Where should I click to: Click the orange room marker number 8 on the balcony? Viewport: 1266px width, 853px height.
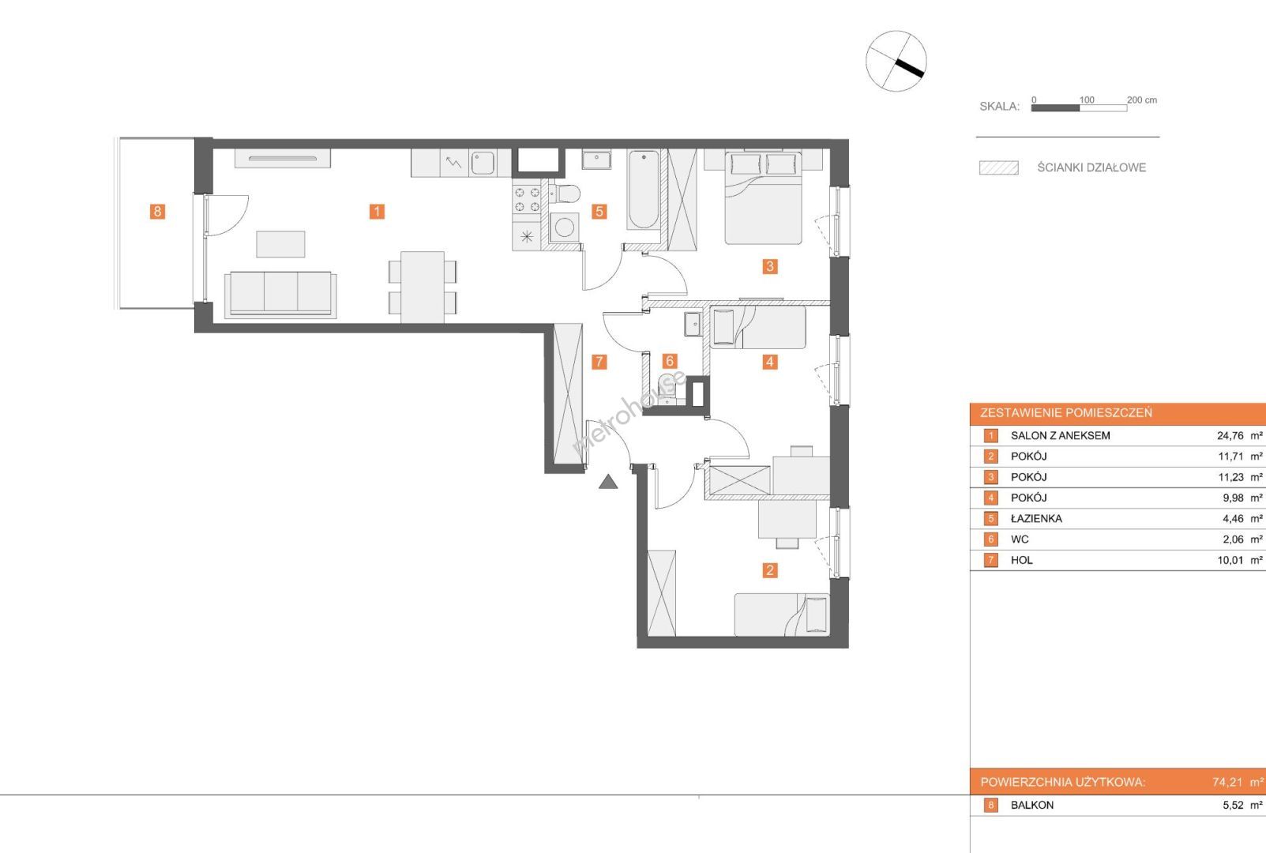coord(157,212)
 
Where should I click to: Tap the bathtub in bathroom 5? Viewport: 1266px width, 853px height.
coord(643,190)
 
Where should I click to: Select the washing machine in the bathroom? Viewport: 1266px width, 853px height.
coord(564,227)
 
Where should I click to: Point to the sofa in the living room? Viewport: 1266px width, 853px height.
coord(280,295)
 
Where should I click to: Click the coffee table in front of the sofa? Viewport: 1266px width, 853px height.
coord(280,244)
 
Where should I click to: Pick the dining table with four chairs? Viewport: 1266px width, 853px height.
coord(423,287)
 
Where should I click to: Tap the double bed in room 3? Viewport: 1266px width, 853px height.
coord(763,197)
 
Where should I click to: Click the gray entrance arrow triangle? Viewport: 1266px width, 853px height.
coord(608,482)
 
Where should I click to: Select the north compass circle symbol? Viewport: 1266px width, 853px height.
coord(896,61)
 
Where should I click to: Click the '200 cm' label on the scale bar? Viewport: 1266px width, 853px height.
coord(1142,100)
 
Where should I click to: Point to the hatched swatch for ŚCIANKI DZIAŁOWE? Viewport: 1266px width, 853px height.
coord(999,167)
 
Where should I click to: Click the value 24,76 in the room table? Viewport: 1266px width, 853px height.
coord(1230,436)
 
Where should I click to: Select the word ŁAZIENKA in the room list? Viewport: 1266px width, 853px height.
coord(1036,519)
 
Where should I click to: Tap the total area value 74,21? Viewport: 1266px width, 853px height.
coord(1227,783)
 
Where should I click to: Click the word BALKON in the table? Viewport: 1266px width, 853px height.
coord(1032,806)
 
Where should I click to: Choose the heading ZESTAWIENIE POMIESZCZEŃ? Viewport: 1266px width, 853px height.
coord(1066,413)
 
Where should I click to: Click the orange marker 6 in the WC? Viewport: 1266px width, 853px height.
coord(669,361)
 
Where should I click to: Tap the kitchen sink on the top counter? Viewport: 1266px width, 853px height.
coord(482,163)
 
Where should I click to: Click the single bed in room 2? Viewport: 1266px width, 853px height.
coord(782,614)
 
